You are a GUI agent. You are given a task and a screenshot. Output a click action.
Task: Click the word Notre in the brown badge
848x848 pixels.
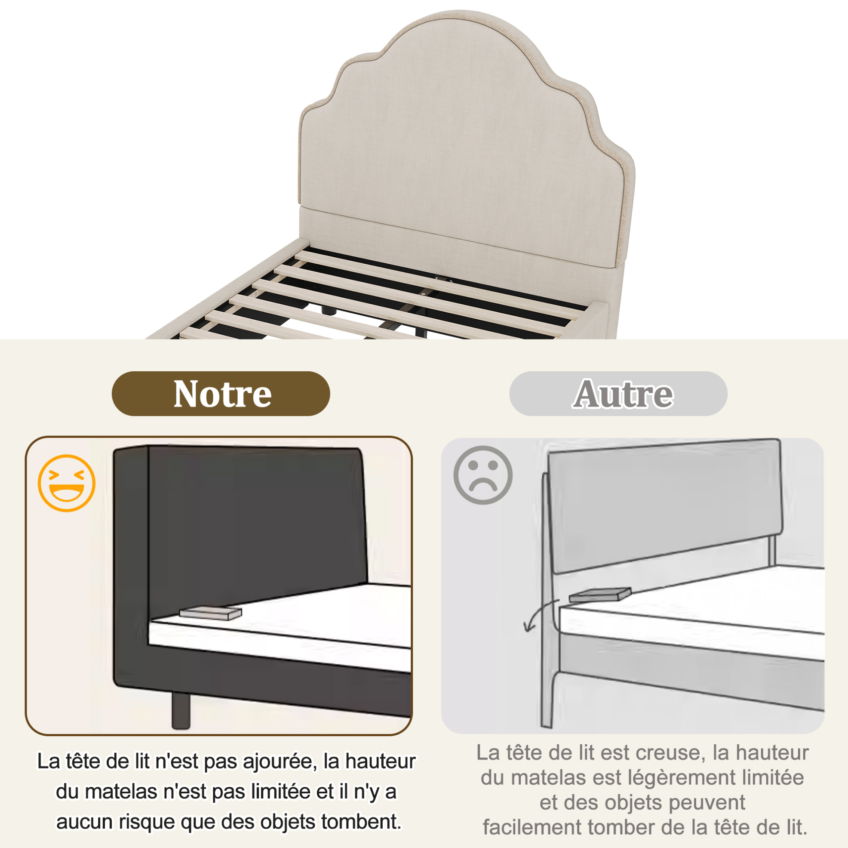click(222, 394)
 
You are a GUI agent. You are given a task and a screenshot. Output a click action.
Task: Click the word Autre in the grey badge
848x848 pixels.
click(623, 394)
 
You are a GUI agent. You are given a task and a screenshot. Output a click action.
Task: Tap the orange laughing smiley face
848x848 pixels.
click(67, 483)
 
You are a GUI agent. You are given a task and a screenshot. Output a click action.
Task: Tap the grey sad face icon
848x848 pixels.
click(483, 475)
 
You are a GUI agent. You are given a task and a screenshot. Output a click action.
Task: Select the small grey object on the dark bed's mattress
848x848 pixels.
click(211, 613)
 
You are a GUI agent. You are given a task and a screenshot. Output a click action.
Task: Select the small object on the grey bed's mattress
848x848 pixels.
click(600, 594)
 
